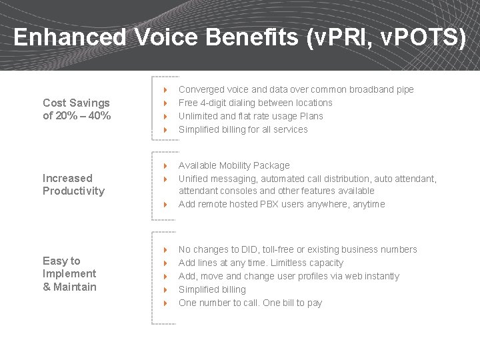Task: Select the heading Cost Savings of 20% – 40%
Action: pyautogui.click(x=76, y=109)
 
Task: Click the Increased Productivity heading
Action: pyautogui.click(x=73, y=185)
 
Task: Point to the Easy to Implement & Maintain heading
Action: pyautogui.click(x=69, y=274)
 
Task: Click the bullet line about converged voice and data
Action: pyautogui.click(x=296, y=89)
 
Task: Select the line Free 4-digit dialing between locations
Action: pyautogui.click(x=255, y=103)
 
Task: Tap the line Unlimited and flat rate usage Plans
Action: pyautogui.click(x=251, y=116)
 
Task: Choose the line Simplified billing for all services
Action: pyautogui.click(x=243, y=129)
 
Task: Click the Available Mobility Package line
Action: pyautogui.click(x=234, y=165)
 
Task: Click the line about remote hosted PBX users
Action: pyautogui.click(x=281, y=204)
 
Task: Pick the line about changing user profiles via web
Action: pyautogui.click(x=289, y=276)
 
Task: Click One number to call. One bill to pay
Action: pyautogui.click(x=250, y=303)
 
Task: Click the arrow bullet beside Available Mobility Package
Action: pyautogui.click(x=165, y=165)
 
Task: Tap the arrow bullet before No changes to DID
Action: pyautogui.click(x=165, y=249)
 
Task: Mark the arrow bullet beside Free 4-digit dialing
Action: pyautogui.click(x=165, y=103)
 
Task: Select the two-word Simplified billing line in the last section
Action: pyautogui.click(x=212, y=289)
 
